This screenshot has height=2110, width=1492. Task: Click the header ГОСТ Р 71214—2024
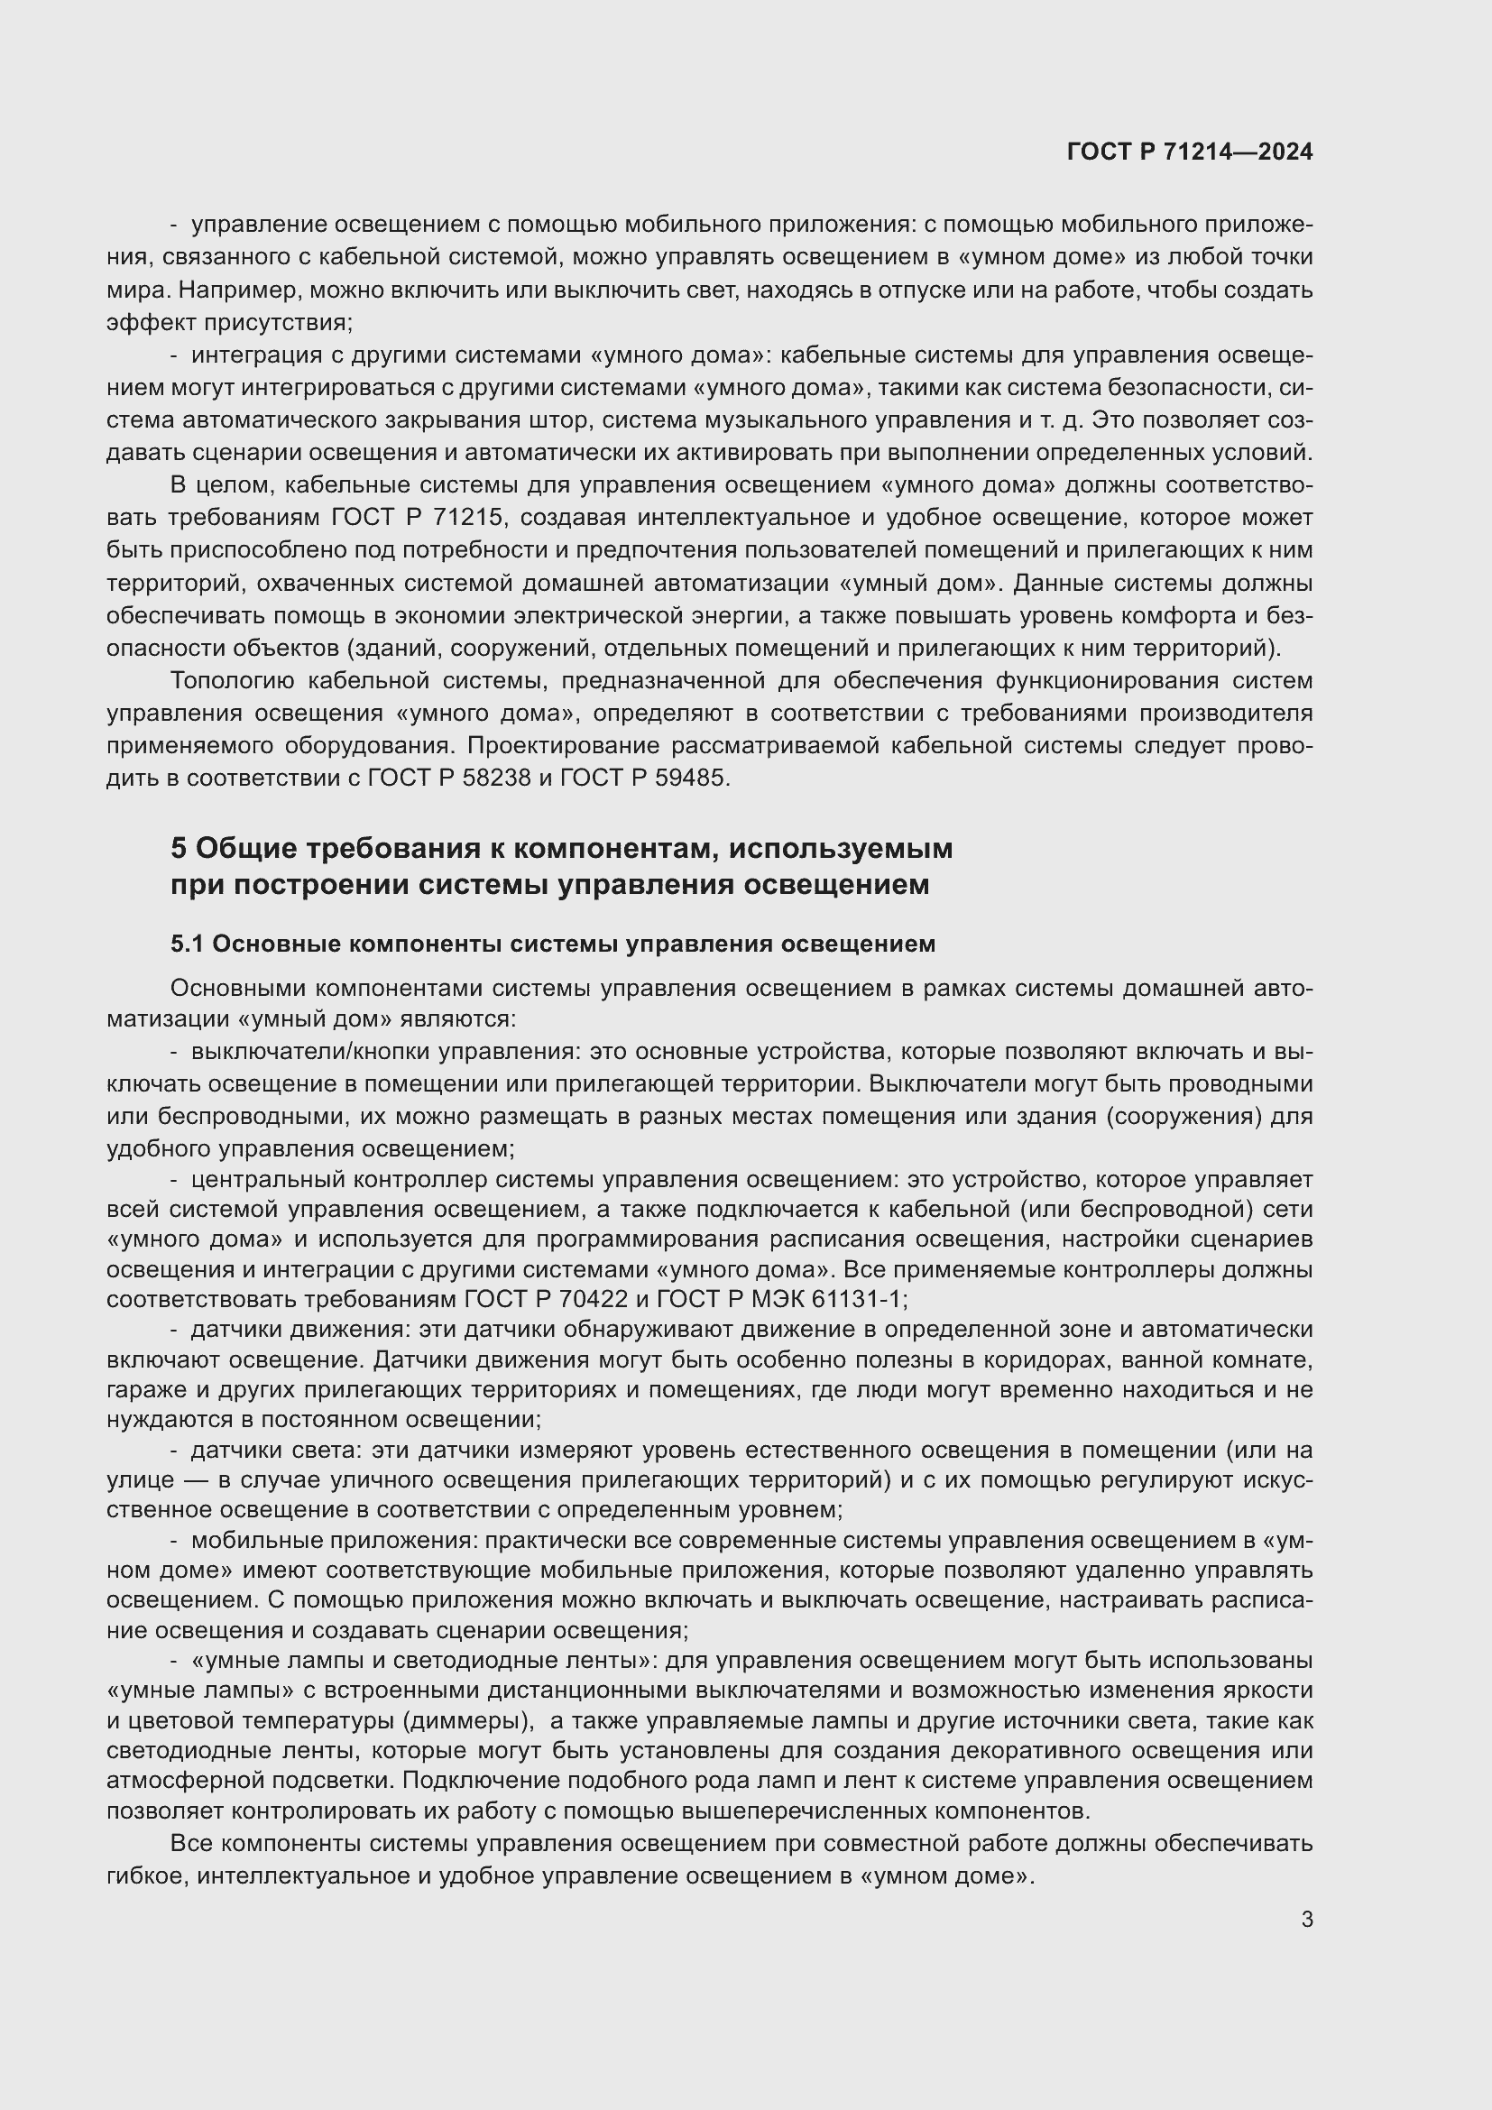pyautogui.click(x=1190, y=152)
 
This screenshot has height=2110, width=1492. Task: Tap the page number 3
pyautogui.click(x=1306, y=1919)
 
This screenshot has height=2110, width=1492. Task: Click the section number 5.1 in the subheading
pyautogui.click(x=188, y=944)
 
